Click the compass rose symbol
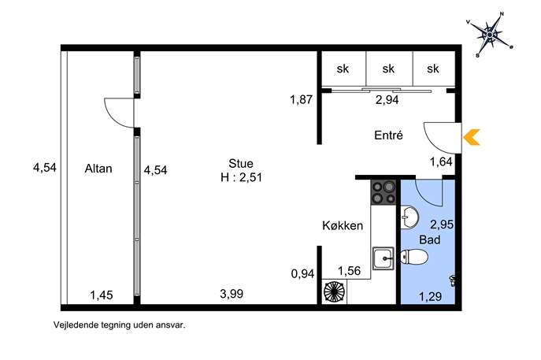point(490,35)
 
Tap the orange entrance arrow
point(471,137)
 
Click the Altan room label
point(98,169)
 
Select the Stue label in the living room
point(241,163)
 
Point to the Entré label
point(388,135)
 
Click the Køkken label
point(343,225)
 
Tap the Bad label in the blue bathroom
point(430,239)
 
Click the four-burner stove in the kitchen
point(384,192)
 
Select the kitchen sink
point(384,258)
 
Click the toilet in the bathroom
point(414,257)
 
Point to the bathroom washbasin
point(409,217)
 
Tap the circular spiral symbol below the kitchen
point(334,292)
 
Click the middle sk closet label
point(388,69)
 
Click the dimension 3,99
point(232,294)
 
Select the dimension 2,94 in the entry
point(387,100)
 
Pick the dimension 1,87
point(301,100)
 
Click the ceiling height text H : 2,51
point(242,177)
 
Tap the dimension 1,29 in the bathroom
point(430,296)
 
